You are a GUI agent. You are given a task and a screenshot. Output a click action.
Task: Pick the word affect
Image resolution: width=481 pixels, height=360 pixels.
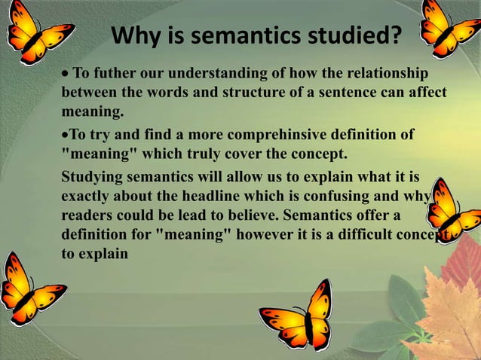(x=426, y=93)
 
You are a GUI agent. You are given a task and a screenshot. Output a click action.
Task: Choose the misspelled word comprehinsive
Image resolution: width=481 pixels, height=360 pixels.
(x=259, y=135)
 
